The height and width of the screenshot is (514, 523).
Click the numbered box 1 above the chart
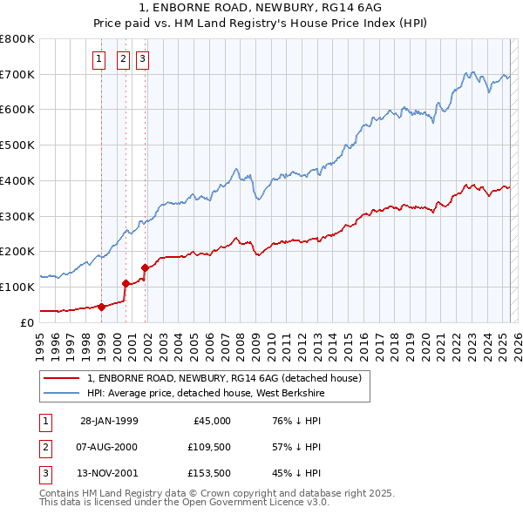99,59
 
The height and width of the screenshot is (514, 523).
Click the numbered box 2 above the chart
122,59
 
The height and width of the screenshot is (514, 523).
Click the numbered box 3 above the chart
142,59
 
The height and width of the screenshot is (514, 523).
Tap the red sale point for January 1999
101,306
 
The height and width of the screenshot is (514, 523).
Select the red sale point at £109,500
126,283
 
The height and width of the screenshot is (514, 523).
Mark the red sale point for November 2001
145,267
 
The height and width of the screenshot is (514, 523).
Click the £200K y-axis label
17,251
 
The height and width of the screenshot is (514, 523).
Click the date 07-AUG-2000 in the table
109,447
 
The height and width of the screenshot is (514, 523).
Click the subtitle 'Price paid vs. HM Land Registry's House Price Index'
261,24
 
